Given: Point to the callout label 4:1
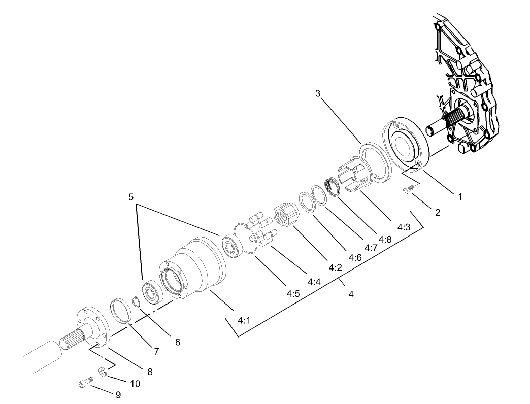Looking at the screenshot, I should [x=244, y=321].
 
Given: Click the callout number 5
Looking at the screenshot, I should [x=131, y=197].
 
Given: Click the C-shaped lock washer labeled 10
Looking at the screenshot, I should [x=104, y=373].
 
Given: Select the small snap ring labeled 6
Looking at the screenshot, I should [x=136, y=301].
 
